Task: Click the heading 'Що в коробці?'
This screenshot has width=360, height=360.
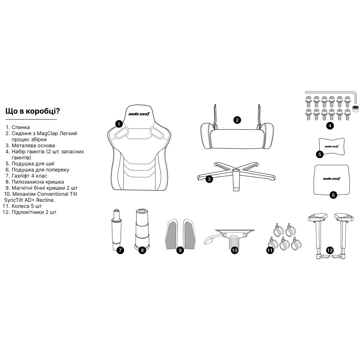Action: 33,111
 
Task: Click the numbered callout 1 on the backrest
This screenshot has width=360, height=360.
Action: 119,124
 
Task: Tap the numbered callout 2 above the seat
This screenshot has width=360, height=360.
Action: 237,120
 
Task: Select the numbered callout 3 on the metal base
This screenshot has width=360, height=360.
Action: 209,179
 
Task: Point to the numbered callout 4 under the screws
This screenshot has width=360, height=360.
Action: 330,126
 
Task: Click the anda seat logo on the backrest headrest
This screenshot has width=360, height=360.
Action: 139,113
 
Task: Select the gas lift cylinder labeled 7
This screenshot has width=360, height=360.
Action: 117,230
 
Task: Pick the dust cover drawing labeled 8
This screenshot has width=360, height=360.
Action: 141,229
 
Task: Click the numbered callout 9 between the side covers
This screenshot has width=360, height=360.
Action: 180,250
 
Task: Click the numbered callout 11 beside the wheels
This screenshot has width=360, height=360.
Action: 270,250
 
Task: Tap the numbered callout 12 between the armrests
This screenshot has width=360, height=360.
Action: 330,250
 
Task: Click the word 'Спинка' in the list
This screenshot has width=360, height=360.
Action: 21,127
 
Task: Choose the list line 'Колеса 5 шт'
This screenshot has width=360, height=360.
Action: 22,206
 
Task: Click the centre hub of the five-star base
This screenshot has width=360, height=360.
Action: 235,171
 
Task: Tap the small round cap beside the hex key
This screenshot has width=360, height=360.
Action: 355,108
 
